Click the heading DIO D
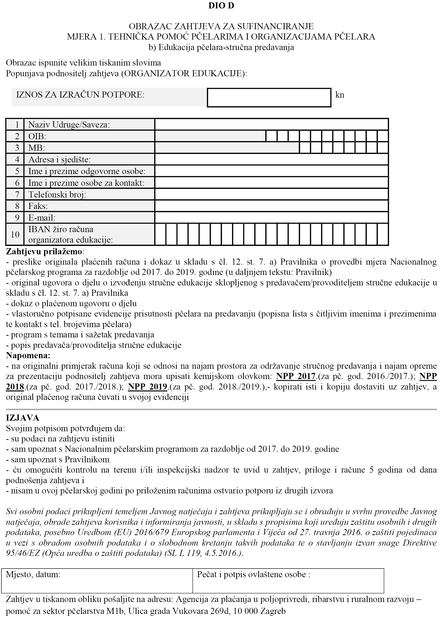(221, 6)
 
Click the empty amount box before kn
(269, 97)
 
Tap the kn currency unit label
(340, 95)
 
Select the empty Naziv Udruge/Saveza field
(271, 124)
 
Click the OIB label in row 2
(37, 136)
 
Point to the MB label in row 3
(37, 148)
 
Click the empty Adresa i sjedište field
(271, 160)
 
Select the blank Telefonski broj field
(271, 194)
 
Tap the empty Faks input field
(271, 206)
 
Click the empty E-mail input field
(271, 218)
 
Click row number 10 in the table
(15, 234)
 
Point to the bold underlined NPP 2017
(296, 376)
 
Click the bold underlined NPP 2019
(147, 387)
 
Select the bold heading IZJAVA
(22, 418)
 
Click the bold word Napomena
(28, 355)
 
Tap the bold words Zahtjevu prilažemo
(44, 252)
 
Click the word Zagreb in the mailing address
(273, 611)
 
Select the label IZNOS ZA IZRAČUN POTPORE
(80, 95)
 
